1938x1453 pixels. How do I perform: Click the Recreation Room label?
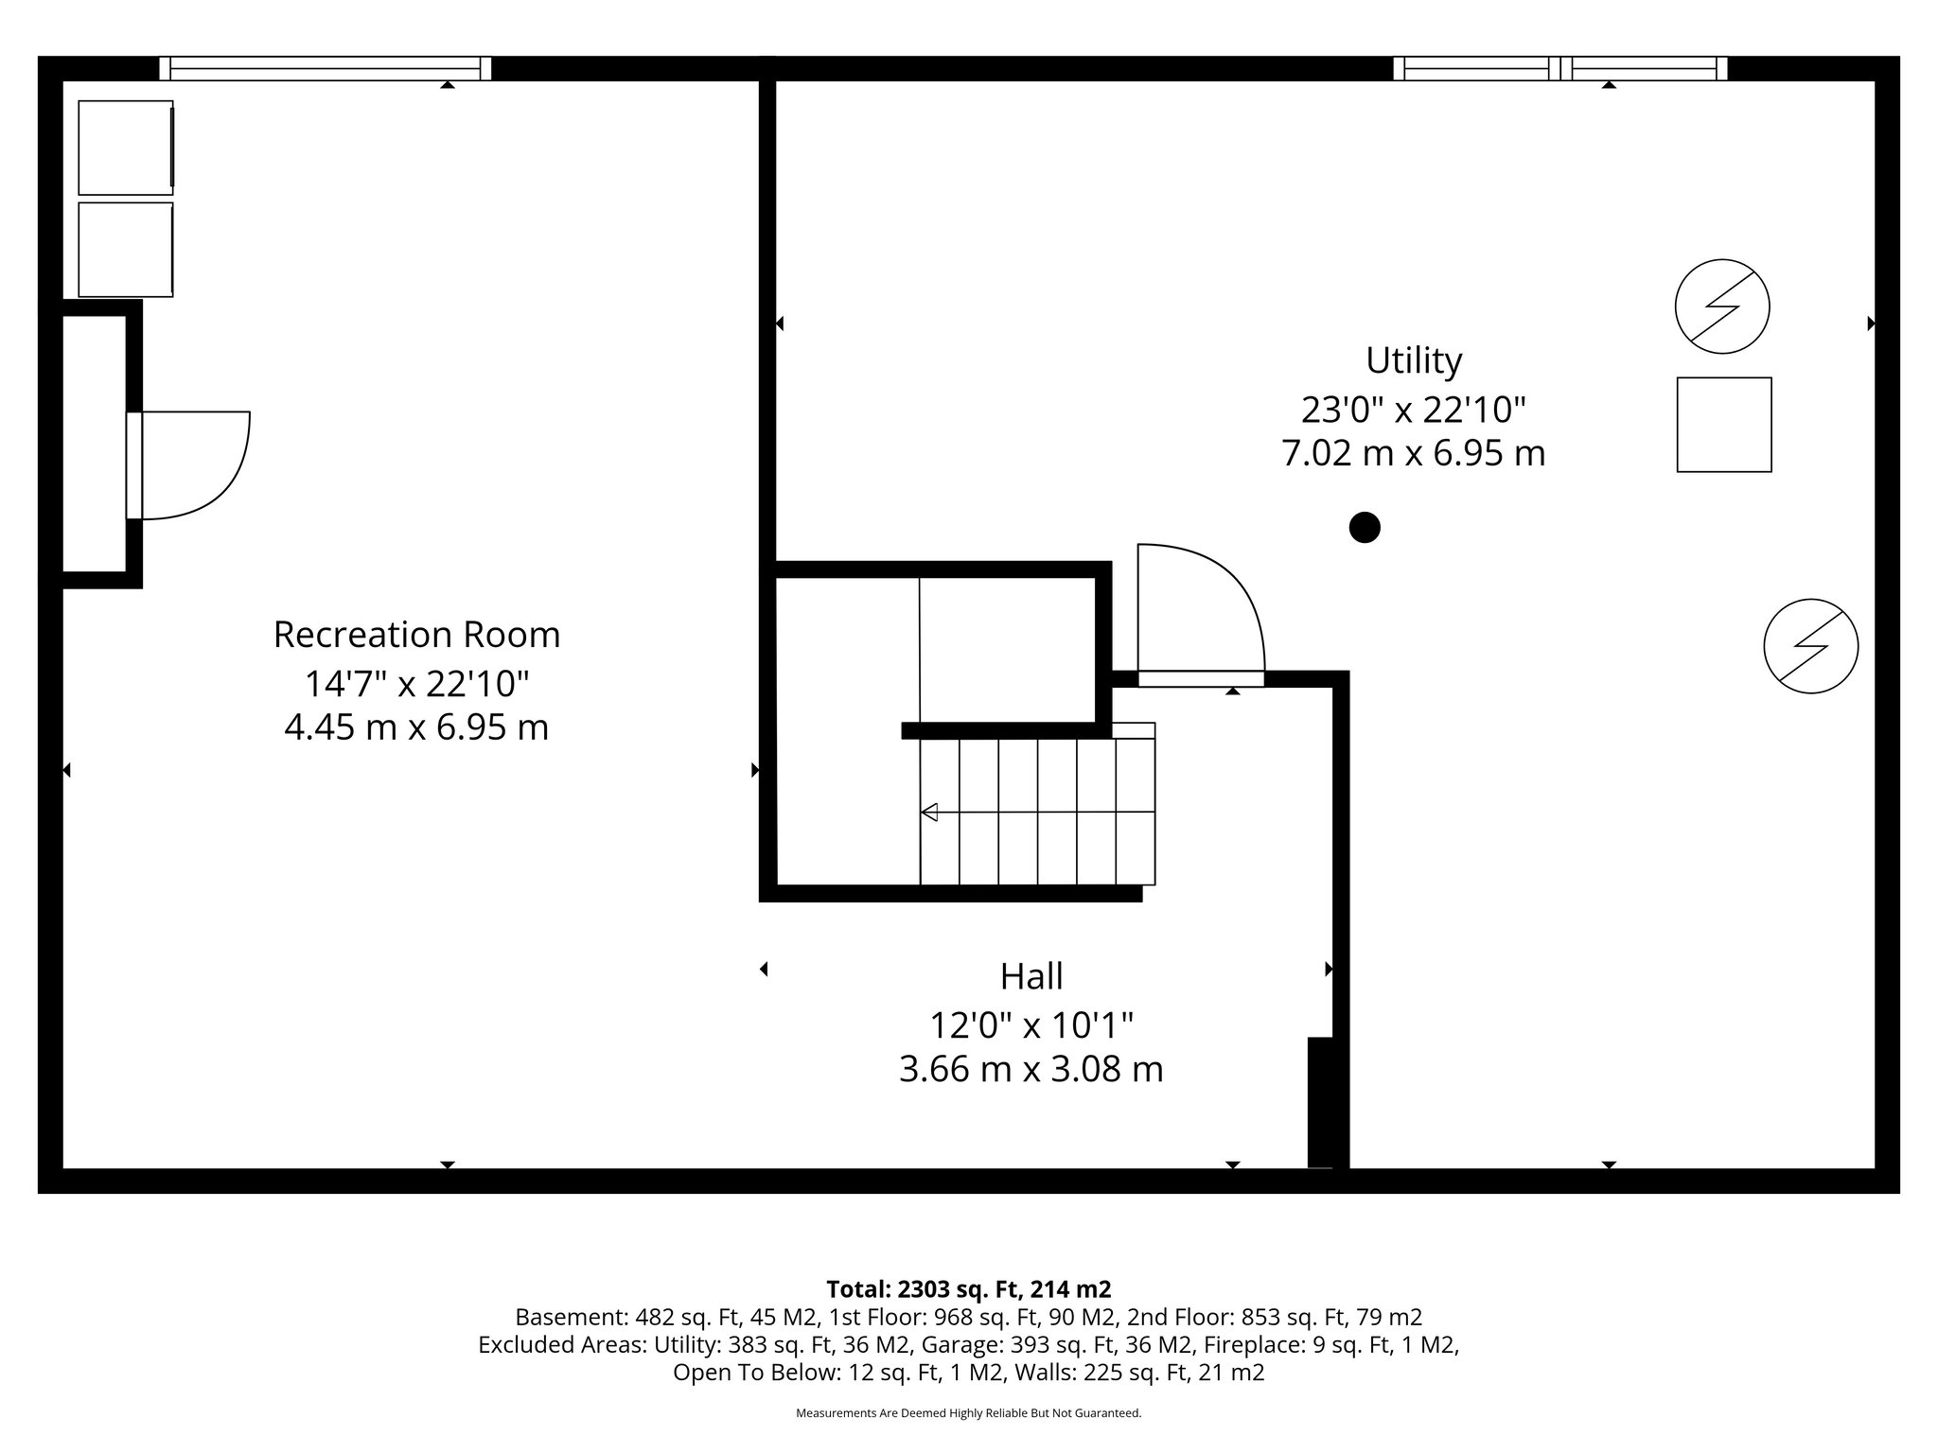click(x=416, y=635)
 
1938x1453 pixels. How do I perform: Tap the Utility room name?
click(x=1413, y=360)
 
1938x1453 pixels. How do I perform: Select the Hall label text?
click(x=1031, y=975)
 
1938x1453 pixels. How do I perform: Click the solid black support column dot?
click(x=1364, y=527)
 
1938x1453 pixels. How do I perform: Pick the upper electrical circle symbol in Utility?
click(x=1721, y=306)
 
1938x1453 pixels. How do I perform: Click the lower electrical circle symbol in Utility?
click(x=1810, y=646)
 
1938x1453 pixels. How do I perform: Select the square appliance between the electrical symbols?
click(x=1723, y=425)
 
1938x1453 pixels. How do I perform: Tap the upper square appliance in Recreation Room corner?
click(x=126, y=148)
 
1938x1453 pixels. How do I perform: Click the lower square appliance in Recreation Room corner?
click(x=126, y=249)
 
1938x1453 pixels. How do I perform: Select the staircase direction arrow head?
click(x=929, y=812)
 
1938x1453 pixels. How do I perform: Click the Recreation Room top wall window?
click(x=325, y=68)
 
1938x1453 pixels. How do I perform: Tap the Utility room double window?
click(x=1559, y=68)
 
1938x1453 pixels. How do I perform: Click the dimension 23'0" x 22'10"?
click(x=1413, y=410)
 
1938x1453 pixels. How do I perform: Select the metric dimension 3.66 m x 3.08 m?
click(x=1031, y=1070)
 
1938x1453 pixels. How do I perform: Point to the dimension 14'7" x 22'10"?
click(x=416, y=683)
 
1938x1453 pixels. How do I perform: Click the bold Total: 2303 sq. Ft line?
click(x=968, y=1289)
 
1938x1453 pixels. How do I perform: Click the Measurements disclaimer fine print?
click(x=968, y=1413)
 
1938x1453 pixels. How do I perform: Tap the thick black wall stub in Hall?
click(x=1320, y=1102)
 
